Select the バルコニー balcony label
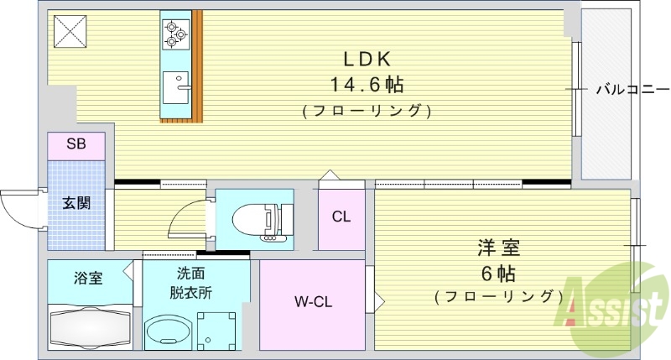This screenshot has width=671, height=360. tap(632, 88)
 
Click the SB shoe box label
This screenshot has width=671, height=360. tap(76, 144)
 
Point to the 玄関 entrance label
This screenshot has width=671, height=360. tap(75, 202)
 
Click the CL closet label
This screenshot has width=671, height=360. tap(341, 217)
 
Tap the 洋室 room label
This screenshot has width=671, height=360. tap(499, 248)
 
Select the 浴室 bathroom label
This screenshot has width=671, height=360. tap(87, 277)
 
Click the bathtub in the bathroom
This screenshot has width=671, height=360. tap(91, 329)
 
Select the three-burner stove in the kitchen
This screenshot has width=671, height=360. tap(174, 33)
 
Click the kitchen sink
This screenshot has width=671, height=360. tap(176, 86)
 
